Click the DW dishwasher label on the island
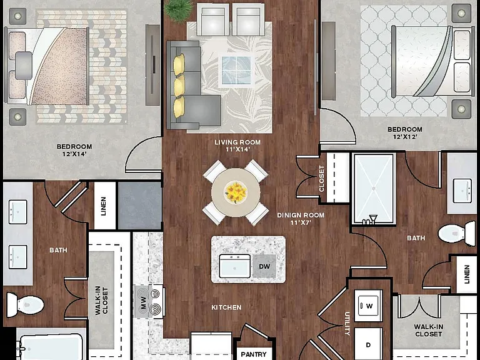[x=264, y=266]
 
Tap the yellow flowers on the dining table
[x=236, y=192]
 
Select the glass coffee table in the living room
[x=236, y=70]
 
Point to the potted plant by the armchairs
[x=179, y=9]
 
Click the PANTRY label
[x=254, y=354]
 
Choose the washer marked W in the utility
[x=369, y=306]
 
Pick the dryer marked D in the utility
[x=369, y=344]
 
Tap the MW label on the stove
[x=143, y=302]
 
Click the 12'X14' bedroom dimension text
[x=74, y=154]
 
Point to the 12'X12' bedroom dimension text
[x=405, y=137]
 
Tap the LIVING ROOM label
[x=237, y=142]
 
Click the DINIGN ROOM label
[x=301, y=215]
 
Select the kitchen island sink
[x=235, y=266]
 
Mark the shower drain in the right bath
[x=374, y=189]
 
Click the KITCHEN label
[x=226, y=307]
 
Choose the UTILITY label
[x=347, y=323]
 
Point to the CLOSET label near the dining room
[x=321, y=179]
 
